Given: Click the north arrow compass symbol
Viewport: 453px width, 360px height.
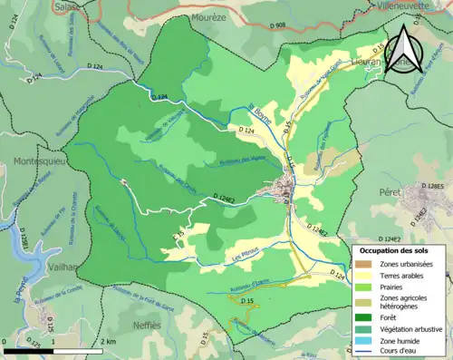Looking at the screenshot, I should pyautogui.click(x=404, y=50).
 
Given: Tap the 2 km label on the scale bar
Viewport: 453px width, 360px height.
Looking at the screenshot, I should pyautogui.click(x=109, y=342).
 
